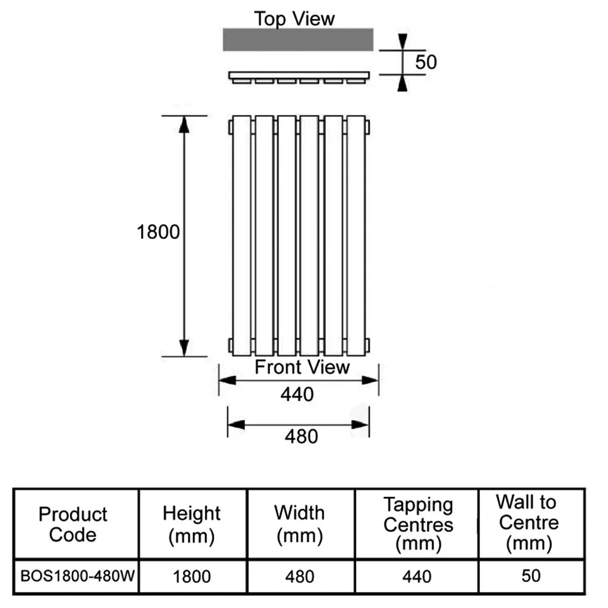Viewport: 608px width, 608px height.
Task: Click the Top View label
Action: pos(294,19)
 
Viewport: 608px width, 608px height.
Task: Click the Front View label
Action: pos(302,367)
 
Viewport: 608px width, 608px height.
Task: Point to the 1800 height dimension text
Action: pos(159,232)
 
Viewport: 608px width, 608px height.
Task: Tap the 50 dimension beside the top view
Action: pos(426,62)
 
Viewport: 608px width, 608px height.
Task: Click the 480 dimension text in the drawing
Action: pos(302,436)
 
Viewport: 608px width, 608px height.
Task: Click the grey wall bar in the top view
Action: pos(298,40)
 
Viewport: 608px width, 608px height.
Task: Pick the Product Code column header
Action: pos(73,524)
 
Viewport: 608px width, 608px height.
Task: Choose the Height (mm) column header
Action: pos(192,524)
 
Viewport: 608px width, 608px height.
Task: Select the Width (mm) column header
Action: pos(299,524)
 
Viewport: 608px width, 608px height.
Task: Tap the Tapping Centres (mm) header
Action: pos(418,524)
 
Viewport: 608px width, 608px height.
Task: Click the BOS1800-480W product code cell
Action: pos(77,575)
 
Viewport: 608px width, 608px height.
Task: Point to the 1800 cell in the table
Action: pos(192,576)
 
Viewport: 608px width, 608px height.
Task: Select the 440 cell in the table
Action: pos(418,576)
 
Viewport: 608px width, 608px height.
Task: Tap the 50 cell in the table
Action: pos(531,575)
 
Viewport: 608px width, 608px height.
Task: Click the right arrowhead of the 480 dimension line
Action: pos(361,424)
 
